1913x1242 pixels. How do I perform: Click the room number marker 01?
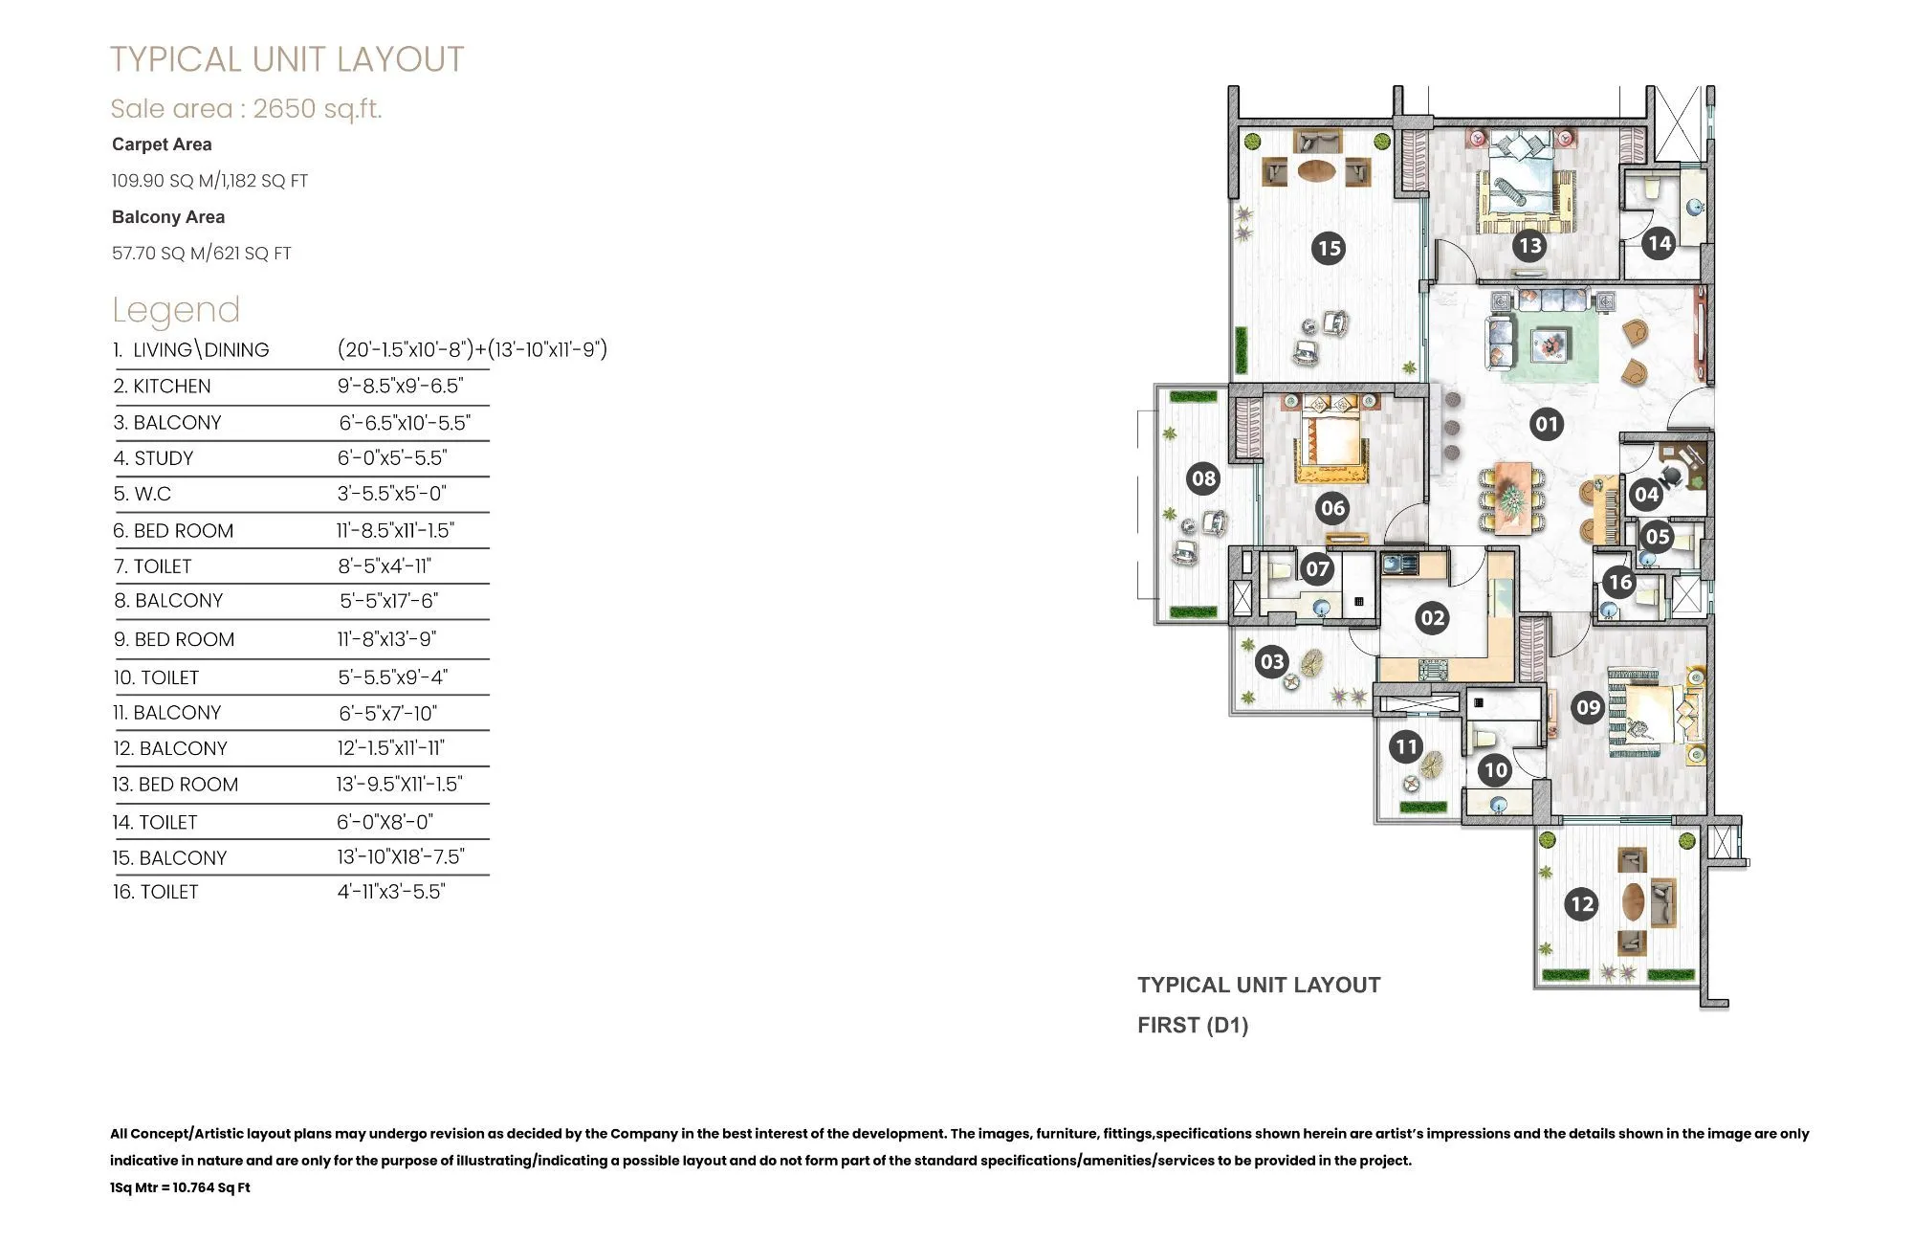(1546, 424)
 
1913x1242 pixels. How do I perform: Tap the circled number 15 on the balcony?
(1329, 249)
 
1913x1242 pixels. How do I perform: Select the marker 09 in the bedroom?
(1588, 708)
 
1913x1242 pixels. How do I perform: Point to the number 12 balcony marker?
(1582, 904)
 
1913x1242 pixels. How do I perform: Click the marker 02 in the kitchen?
(1432, 618)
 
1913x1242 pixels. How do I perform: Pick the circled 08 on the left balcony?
(1203, 478)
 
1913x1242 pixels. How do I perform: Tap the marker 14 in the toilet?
(1660, 243)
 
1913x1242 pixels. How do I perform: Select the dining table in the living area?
(1511, 498)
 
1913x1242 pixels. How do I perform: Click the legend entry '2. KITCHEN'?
(163, 387)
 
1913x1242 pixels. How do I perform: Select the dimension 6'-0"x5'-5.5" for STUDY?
(392, 458)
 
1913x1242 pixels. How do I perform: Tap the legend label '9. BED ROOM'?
(174, 639)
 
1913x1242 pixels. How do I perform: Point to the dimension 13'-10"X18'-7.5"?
(401, 857)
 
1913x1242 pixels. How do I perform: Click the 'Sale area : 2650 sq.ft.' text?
(246, 109)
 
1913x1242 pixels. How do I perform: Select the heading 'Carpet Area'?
(162, 144)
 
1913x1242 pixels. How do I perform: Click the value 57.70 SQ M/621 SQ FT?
(201, 254)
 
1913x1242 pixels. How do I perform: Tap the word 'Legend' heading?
(176, 310)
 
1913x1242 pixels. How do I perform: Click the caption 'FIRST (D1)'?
(1193, 1026)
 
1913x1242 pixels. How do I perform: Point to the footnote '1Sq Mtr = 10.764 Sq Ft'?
(180, 1187)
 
